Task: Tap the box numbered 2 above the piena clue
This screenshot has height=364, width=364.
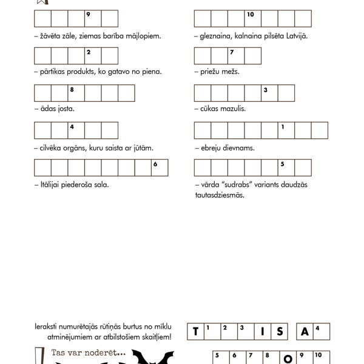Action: tap(93, 56)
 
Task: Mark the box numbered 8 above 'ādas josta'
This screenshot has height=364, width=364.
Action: tap(76, 93)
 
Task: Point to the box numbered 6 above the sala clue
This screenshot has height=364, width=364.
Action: tap(160, 168)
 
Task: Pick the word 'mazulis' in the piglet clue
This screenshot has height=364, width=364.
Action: tap(234, 110)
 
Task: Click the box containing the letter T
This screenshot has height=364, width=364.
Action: tap(196, 331)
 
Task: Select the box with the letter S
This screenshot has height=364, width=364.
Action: tap(280, 331)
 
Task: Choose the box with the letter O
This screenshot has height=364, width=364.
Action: tap(289, 359)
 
